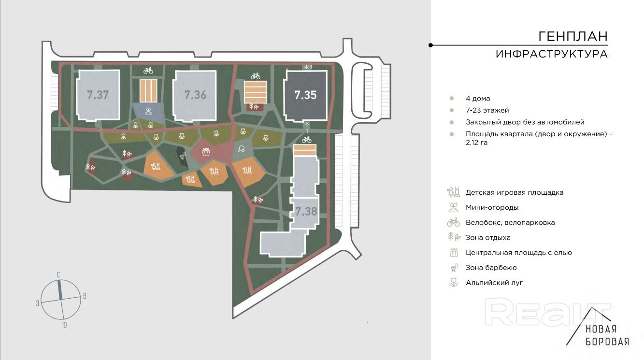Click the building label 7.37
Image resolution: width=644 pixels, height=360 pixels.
tap(98, 95)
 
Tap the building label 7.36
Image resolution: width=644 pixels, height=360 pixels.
tap(195, 95)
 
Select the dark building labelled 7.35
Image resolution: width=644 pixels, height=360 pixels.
tap(305, 95)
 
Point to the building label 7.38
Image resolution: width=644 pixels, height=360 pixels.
tap(306, 211)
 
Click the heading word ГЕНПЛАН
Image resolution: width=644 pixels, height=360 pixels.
tap(573, 37)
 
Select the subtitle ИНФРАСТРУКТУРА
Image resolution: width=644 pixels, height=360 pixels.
tap(551, 54)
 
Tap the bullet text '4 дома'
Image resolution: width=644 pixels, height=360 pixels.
tap(478, 99)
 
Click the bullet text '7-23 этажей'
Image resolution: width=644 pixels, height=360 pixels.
tap(487, 110)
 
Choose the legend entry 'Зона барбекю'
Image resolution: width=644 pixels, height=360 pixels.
tap(491, 268)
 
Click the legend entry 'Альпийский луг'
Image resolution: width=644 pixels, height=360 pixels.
tap(494, 283)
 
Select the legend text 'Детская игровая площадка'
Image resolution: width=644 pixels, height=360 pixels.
tap(514, 192)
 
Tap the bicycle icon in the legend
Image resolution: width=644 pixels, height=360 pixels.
tap(453, 222)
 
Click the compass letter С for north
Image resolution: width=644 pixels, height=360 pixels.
tap(58, 275)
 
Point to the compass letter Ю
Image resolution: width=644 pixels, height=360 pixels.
tap(64, 325)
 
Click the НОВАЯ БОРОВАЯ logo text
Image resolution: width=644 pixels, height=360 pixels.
tap(607, 335)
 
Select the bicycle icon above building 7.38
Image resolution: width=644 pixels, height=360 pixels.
tap(306, 140)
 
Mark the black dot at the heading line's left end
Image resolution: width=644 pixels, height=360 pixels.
tap(430, 45)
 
